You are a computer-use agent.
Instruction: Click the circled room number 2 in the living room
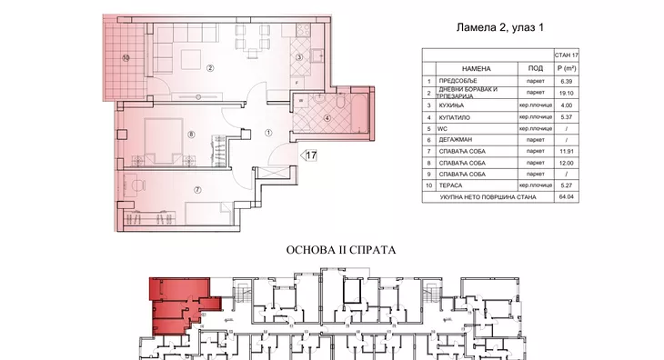209,67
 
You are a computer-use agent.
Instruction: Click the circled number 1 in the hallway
268,134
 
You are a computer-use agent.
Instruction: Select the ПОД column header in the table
535,68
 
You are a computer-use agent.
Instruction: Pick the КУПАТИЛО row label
464,117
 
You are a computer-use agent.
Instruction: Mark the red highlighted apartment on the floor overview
173,305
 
